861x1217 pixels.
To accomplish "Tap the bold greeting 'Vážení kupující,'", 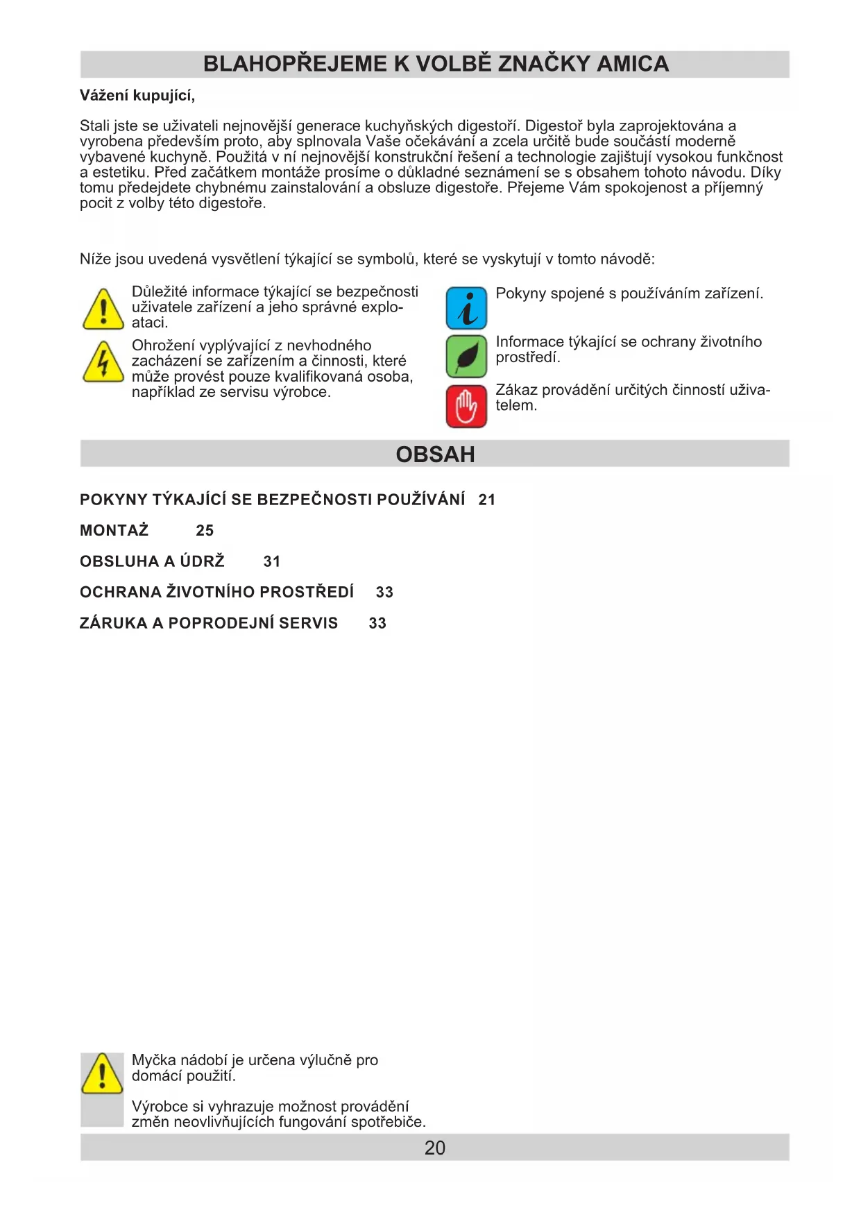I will (137, 96).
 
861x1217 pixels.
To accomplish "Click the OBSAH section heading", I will (435, 454).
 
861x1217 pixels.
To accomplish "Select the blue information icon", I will (466, 308).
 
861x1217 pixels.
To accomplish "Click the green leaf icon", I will (466, 357).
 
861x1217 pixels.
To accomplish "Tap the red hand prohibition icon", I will (466, 406).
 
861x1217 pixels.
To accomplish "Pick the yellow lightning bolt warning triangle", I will (103, 362).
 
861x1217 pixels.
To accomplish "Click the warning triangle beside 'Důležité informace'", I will (103, 309).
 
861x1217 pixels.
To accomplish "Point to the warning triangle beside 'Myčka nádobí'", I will (102, 1073).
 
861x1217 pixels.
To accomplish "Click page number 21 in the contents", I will (487, 500).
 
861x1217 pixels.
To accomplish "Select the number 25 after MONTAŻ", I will (205, 531).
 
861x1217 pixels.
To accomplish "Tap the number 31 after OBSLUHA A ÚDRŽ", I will (272, 561).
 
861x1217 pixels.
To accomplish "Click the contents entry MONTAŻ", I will (114, 531).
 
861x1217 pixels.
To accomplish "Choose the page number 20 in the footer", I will (435, 1148).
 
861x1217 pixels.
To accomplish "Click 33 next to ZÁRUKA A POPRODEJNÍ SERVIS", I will (377, 623).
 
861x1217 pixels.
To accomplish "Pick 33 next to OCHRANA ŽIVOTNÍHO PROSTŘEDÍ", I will (384, 593).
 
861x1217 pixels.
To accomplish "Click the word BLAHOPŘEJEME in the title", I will (295, 64).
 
